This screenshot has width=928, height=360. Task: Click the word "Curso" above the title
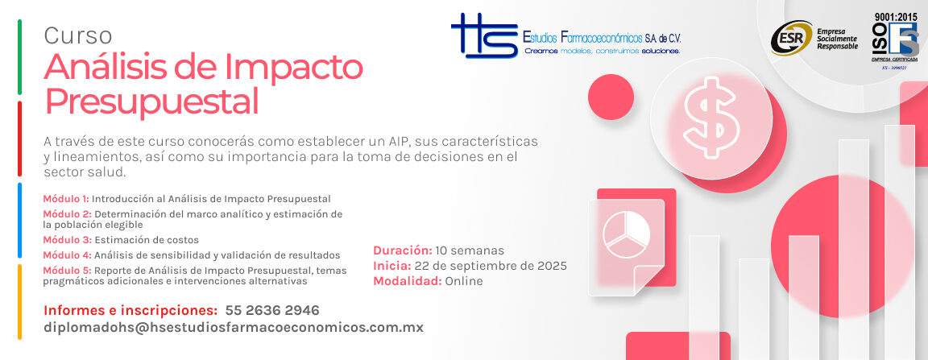click(x=78, y=35)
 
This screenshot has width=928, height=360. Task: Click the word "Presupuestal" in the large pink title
click(x=151, y=102)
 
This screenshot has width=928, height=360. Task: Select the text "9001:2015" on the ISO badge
click(x=895, y=16)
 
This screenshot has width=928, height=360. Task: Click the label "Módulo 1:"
click(x=66, y=198)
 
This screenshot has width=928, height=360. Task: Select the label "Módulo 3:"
click(x=67, y=240)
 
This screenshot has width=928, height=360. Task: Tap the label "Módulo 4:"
click(x=67, y=255)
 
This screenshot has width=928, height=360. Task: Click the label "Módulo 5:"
click(x=67, y=271)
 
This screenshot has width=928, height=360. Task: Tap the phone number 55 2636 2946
click(x=272, y=310)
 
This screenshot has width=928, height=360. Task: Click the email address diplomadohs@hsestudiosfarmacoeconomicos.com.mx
click(x=234, y=328)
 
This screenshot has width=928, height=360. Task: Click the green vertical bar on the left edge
click(x=19, y=56)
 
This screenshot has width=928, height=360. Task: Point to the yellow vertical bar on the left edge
click(x=19, y=302)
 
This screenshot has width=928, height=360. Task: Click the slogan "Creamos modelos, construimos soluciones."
click(x=603, y=51)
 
